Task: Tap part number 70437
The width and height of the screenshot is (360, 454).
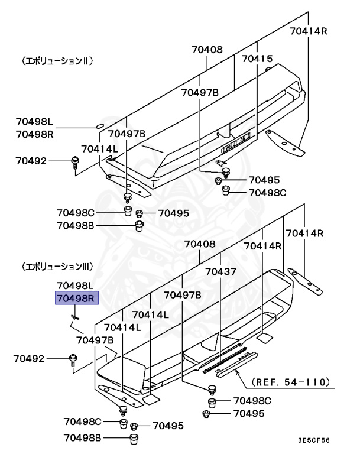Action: coord(220,272)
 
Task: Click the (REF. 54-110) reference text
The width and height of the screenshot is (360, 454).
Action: coord(290,382)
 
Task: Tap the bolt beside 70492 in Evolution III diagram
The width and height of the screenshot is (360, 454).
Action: coord(73,359)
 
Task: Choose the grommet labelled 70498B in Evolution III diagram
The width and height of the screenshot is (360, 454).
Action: coord(134,438)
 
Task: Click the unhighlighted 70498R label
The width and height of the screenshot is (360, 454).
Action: coord(35,134)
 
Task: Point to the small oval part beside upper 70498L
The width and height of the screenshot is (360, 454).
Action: coord(99,126)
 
